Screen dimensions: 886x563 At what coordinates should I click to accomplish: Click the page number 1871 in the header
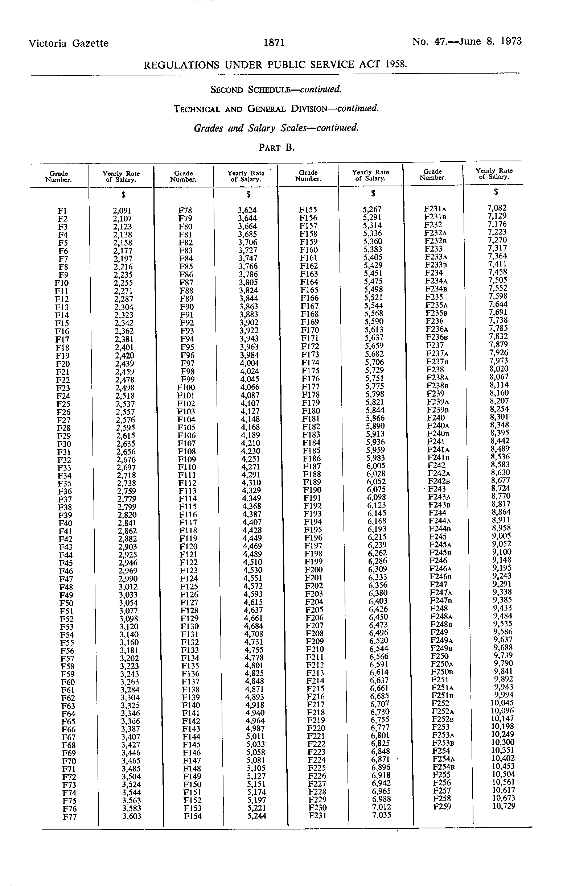(x=274, y=43)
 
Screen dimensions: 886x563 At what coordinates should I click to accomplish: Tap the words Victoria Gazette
(x=69, y=44)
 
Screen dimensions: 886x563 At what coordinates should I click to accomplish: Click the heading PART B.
(x=276, y=148)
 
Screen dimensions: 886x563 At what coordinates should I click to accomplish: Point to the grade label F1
(x=62, y=211)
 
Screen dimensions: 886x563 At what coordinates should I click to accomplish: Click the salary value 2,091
(x=122, y=211)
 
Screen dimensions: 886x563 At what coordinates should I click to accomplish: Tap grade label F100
(x=186, y=388)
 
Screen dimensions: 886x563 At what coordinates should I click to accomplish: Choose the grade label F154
(x=193, y=816)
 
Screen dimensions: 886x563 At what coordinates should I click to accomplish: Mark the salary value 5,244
(x=256, y=816)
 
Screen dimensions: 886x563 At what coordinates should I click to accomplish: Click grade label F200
(x=313, y=570)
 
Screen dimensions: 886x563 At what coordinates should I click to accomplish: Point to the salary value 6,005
(x=375, y=465)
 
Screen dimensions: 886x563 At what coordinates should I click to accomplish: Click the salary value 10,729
(x=504, y=806)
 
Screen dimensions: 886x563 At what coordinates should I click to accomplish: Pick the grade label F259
(x=442, y=807)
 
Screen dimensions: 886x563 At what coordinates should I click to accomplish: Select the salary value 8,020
(x=498, y=369)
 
